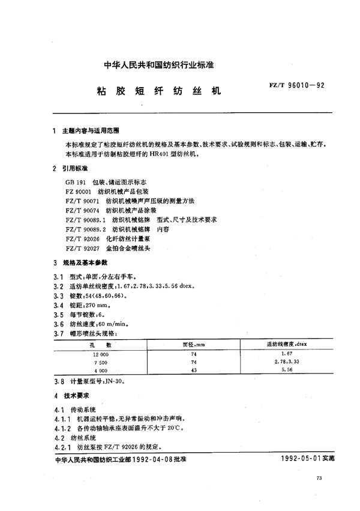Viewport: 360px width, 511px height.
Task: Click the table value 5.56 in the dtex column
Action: pos(286,372)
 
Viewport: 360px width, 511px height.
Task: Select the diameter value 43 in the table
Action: pos(193,372)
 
